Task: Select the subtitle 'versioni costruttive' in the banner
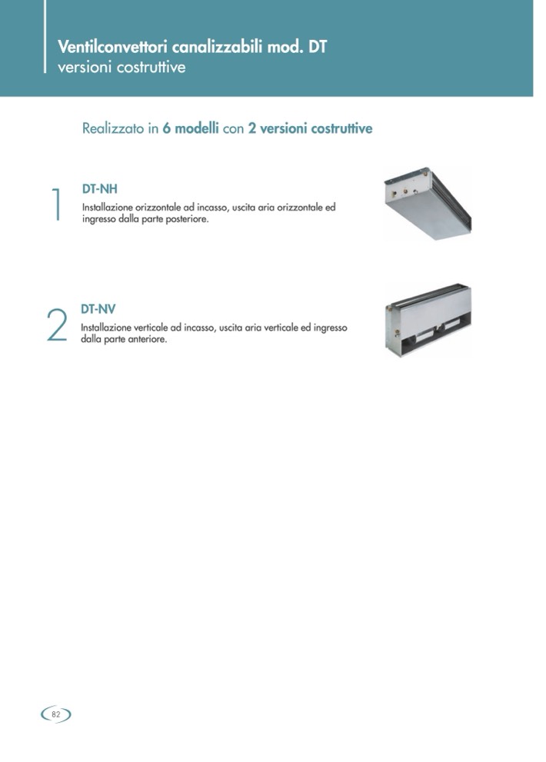click(122, 67)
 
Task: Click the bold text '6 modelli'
click(191, 128)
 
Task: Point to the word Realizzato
click(113, 128)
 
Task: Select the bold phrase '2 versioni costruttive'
click(310, 128)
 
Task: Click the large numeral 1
click(56, 204)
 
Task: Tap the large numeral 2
click(57, 325)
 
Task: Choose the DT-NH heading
click(100, 188)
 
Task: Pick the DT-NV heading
click(98, 309)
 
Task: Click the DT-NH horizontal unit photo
click(428, 204)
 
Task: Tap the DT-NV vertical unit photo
click(428, 320)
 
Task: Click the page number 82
click(56, 714)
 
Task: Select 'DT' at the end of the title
click(318, 47)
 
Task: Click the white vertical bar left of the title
click(45, 36)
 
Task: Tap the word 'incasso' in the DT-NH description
click(211, 208)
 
